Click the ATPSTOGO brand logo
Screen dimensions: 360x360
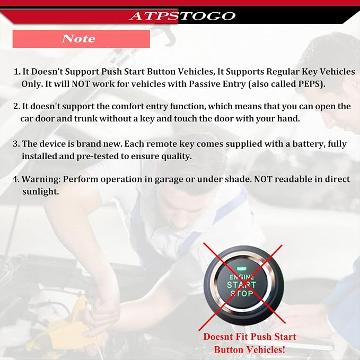[x=182, y=16]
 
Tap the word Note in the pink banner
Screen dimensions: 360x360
[x=78, y=39]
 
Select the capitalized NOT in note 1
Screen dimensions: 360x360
[x=81, y=84]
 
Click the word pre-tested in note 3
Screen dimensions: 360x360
[x=97, y=156]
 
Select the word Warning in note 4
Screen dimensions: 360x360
[x=41, y=179]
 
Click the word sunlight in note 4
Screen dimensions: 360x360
[x=40, y=191]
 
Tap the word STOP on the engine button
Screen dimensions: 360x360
[x=242, y=293]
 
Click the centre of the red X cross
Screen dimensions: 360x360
[x=242, y=285]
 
